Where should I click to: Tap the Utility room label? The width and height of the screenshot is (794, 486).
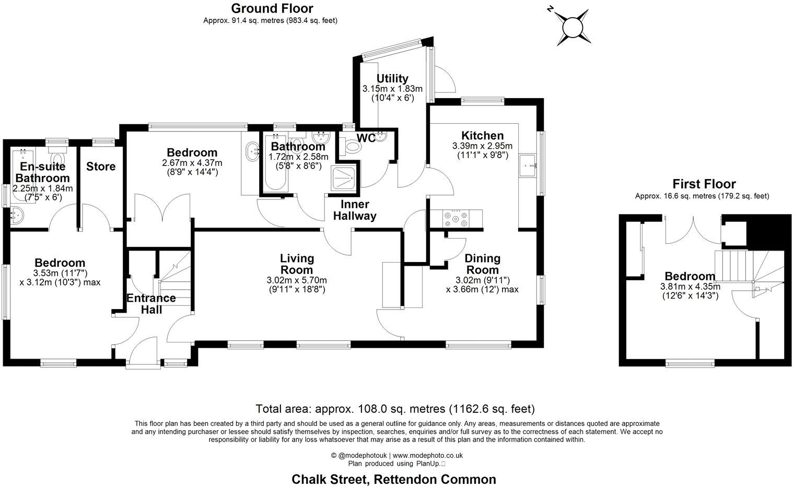(392, 78)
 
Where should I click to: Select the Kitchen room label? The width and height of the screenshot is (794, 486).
(483, 136)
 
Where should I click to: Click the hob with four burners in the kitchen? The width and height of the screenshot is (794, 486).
(456, 218)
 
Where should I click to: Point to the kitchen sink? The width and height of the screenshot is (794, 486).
(529, 165)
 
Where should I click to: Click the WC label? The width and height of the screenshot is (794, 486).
(366, 138)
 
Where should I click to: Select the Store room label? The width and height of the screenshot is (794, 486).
(101, 167)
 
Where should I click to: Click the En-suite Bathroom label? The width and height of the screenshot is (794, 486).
(43, 172)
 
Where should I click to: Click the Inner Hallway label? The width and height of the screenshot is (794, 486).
(355, 210)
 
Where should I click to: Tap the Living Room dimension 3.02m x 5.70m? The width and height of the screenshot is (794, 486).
(296, 280)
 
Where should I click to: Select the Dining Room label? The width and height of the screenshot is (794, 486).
(482, 264)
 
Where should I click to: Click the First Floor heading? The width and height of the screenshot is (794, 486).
(704, 184)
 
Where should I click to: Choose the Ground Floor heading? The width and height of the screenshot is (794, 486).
(272, 8)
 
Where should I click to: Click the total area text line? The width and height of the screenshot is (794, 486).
(395, 408)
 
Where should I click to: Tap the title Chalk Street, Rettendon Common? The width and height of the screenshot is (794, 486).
(393, 479)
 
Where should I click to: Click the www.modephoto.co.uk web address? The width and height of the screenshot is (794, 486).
(427, 455)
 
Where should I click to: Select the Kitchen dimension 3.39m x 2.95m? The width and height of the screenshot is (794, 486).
(482, 146)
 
